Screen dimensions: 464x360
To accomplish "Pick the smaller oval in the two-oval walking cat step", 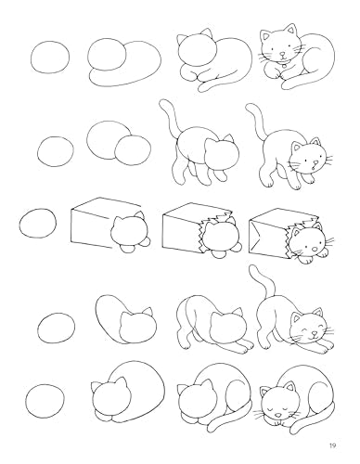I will [136, 149].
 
